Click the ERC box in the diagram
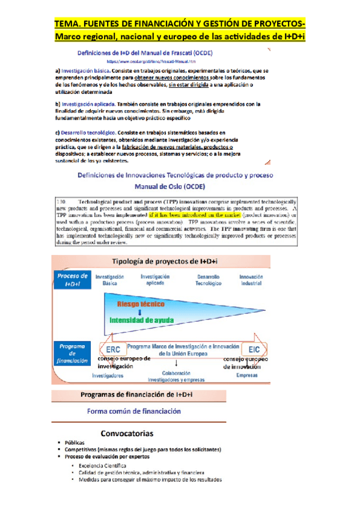(112, 349)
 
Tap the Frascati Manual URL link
(151, 61)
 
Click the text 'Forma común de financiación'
(133, 412)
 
